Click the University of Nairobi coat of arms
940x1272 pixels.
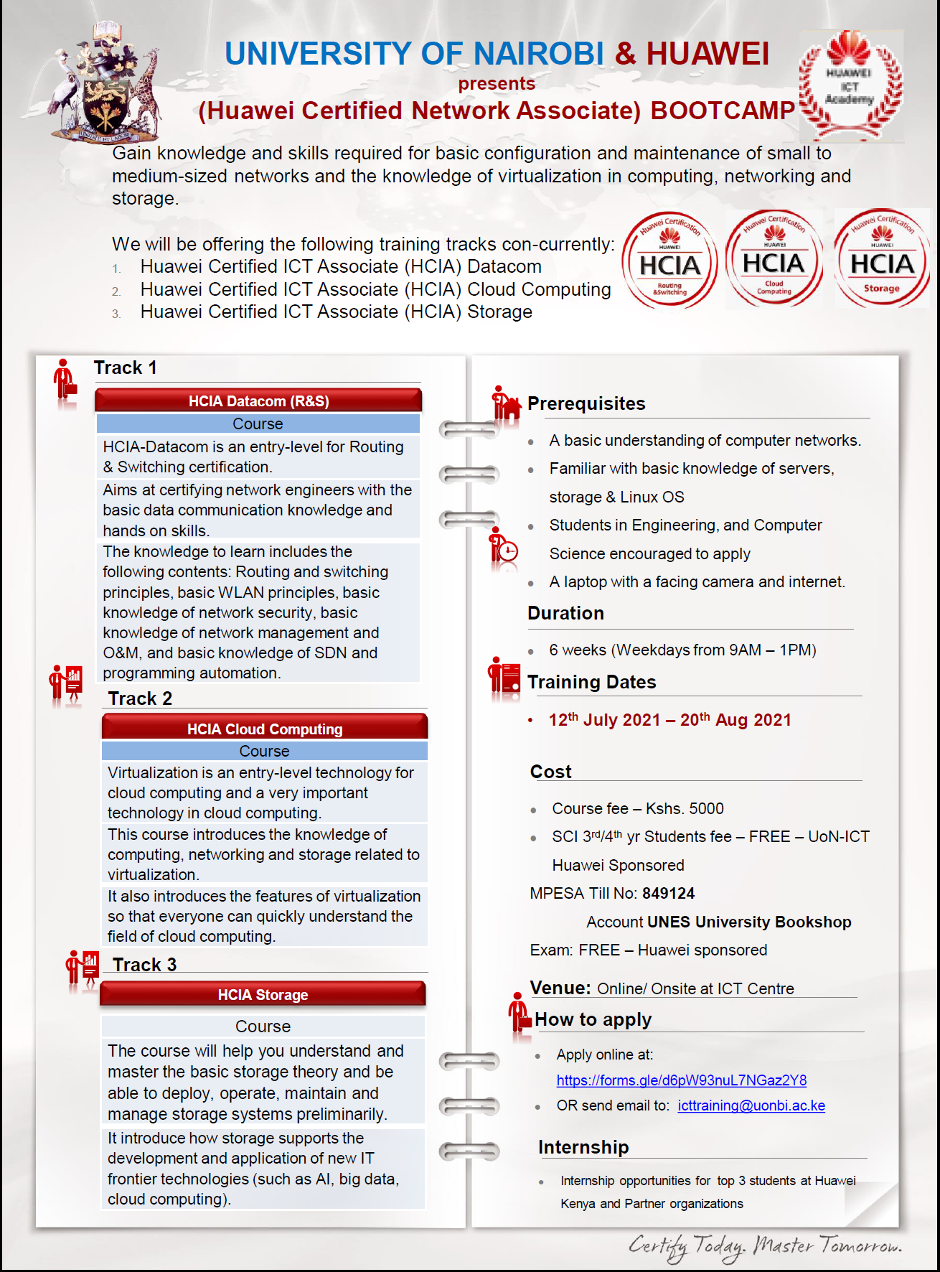point(106,83)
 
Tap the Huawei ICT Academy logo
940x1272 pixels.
point(850,85)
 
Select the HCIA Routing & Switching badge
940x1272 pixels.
point(669,261)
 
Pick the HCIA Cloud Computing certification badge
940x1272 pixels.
point(774,259)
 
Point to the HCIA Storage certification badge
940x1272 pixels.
point(882,259)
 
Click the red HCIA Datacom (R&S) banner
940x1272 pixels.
point(258,401)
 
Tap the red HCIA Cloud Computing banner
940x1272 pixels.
point(265,728)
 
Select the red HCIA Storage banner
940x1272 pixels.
point(263,994)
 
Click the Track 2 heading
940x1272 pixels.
point(140,698)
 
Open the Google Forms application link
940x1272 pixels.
point(681,1080)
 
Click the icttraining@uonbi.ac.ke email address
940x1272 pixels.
point(751,1105)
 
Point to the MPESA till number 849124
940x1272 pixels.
point(668,893)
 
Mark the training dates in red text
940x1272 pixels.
point(669,720)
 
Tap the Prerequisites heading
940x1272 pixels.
point(586,403)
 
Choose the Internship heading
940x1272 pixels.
point(583,1147)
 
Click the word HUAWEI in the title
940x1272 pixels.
point(708,54)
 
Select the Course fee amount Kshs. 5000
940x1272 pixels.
point(685,808)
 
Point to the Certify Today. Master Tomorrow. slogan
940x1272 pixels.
point(765,1246)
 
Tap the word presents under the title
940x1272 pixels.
point(497,83)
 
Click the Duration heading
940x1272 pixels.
point(565,613)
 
